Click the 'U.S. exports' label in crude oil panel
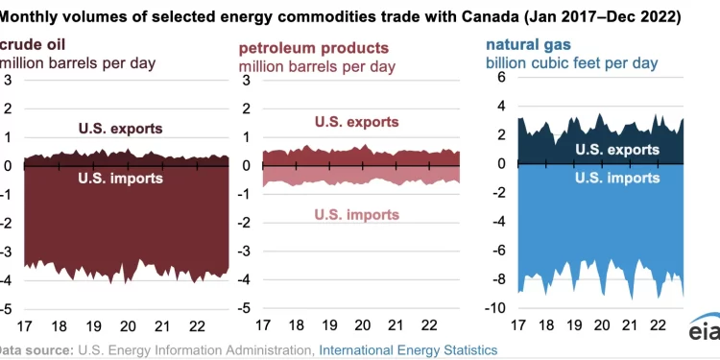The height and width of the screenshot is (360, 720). pos(119,128)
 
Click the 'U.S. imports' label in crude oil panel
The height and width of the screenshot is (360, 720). pos(119,178)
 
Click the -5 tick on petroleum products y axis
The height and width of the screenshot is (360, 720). pos(246,309)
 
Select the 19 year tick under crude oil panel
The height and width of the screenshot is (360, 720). pos(94,325)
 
